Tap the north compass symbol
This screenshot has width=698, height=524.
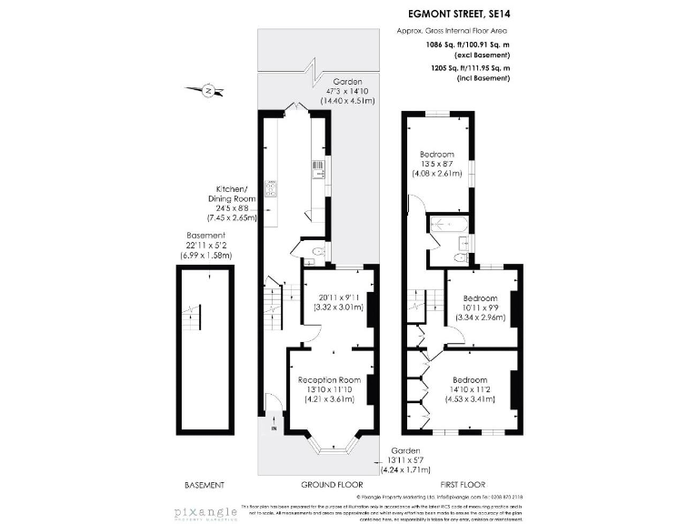click(x=208, y=89)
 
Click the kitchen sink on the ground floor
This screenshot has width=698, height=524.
click(x=318, y=166)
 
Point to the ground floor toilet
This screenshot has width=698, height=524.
click(x=314, y=253)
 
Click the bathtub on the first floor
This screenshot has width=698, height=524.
click(x=447, y=224)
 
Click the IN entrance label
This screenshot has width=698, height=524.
click(x=273, y=427)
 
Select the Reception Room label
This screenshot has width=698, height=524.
click(x=331, y=379)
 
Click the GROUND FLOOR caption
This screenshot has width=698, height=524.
click(x=325, y=485)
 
